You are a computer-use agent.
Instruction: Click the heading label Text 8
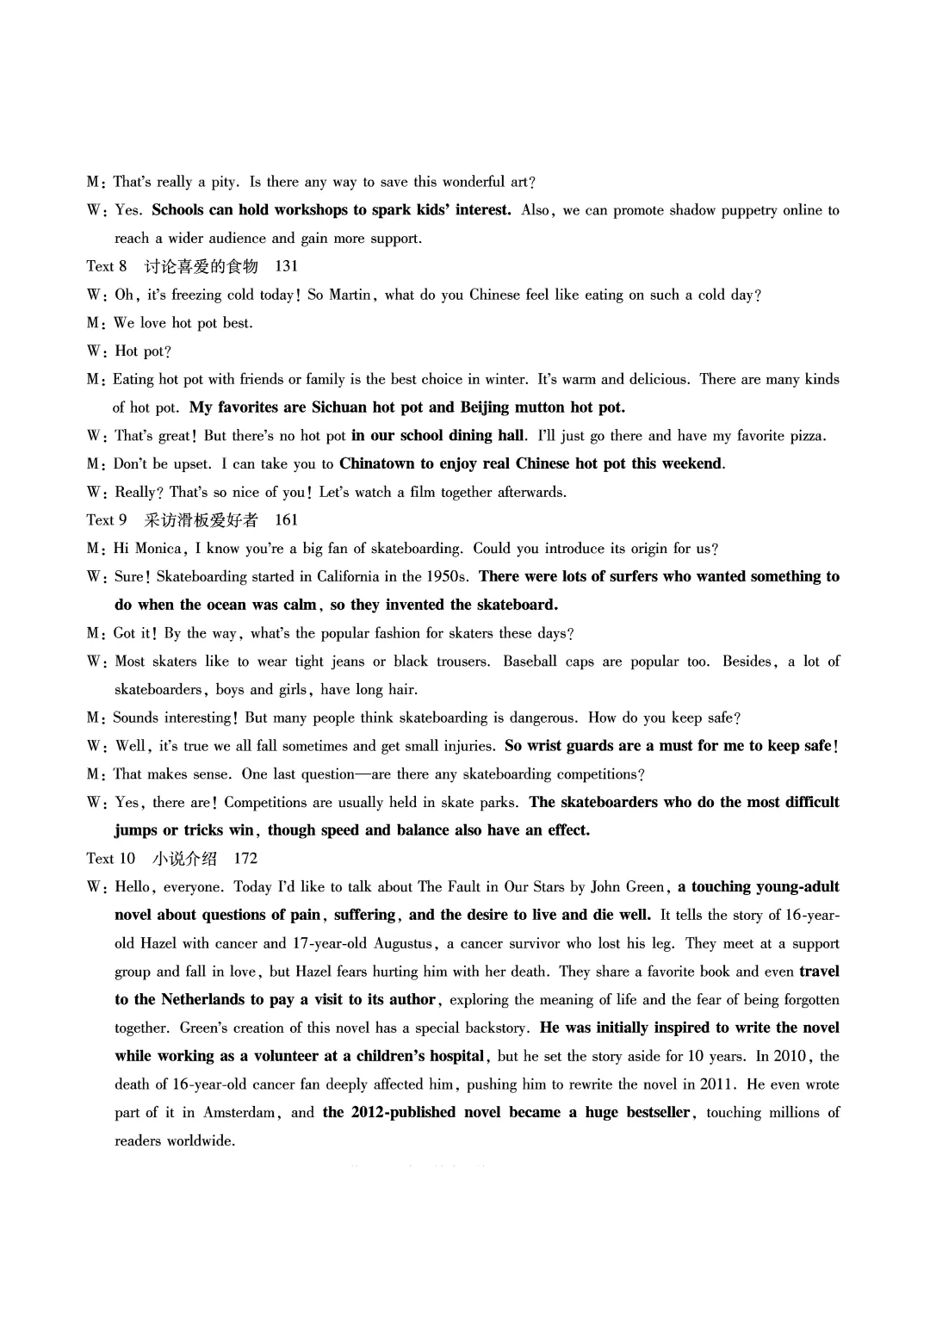coord(107,266)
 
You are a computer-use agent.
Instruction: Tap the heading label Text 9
coord(107,519)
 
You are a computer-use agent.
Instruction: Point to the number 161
coord(286,519)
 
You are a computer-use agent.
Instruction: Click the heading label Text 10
coord(111,858)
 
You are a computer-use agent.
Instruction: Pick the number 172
coord(245,858)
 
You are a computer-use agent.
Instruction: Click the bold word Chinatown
coord(376,463)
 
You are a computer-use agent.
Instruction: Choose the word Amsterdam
coord(241,1112)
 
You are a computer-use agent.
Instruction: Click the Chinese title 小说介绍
coord(184,858)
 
